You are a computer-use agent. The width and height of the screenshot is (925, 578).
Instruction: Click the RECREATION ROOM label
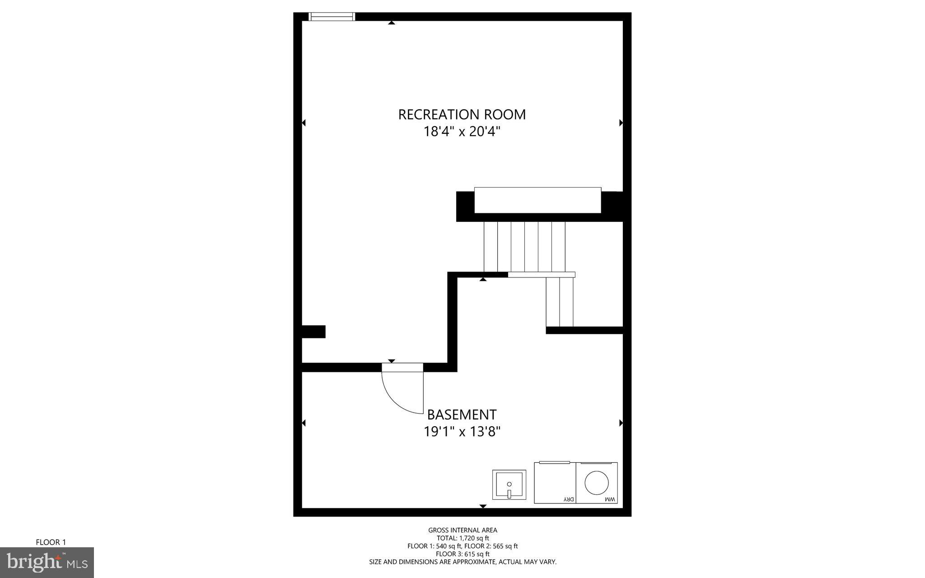click(462, 114)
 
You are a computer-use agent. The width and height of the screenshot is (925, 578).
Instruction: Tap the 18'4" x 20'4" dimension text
click(462, 132)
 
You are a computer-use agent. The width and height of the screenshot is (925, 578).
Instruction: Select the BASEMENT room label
click(462, 414)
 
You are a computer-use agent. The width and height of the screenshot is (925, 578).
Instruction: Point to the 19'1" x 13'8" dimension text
click(462, 432)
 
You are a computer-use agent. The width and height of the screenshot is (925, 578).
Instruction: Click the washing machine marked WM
click(597, 483)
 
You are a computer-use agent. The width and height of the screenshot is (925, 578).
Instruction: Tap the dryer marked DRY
click(555, 483)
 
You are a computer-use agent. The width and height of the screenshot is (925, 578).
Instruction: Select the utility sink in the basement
click(509, 485)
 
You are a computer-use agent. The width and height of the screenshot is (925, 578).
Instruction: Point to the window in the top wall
click(332, 17)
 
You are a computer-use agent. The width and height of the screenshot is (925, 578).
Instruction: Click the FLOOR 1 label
click(51, 542)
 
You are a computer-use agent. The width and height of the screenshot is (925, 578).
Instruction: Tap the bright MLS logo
click(47, 562)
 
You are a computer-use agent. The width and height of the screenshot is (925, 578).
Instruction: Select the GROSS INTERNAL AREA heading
click(462, 530)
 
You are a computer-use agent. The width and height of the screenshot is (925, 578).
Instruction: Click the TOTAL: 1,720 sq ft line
click(462, 538)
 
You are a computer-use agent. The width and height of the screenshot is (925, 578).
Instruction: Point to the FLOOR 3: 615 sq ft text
click(462, 554)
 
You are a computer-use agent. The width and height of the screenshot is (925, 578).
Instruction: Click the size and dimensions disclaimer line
click(462, 562)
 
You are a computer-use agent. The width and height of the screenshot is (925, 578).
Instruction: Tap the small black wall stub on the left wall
click(313, 331)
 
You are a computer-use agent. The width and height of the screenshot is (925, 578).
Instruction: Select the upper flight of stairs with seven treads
click(524, 246)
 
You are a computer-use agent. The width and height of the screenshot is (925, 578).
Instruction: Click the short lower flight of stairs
click(560, 301)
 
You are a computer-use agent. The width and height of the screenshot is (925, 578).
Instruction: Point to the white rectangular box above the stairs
click(537, 200)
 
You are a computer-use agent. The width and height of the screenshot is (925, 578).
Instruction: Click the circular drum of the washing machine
click(597, 482)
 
